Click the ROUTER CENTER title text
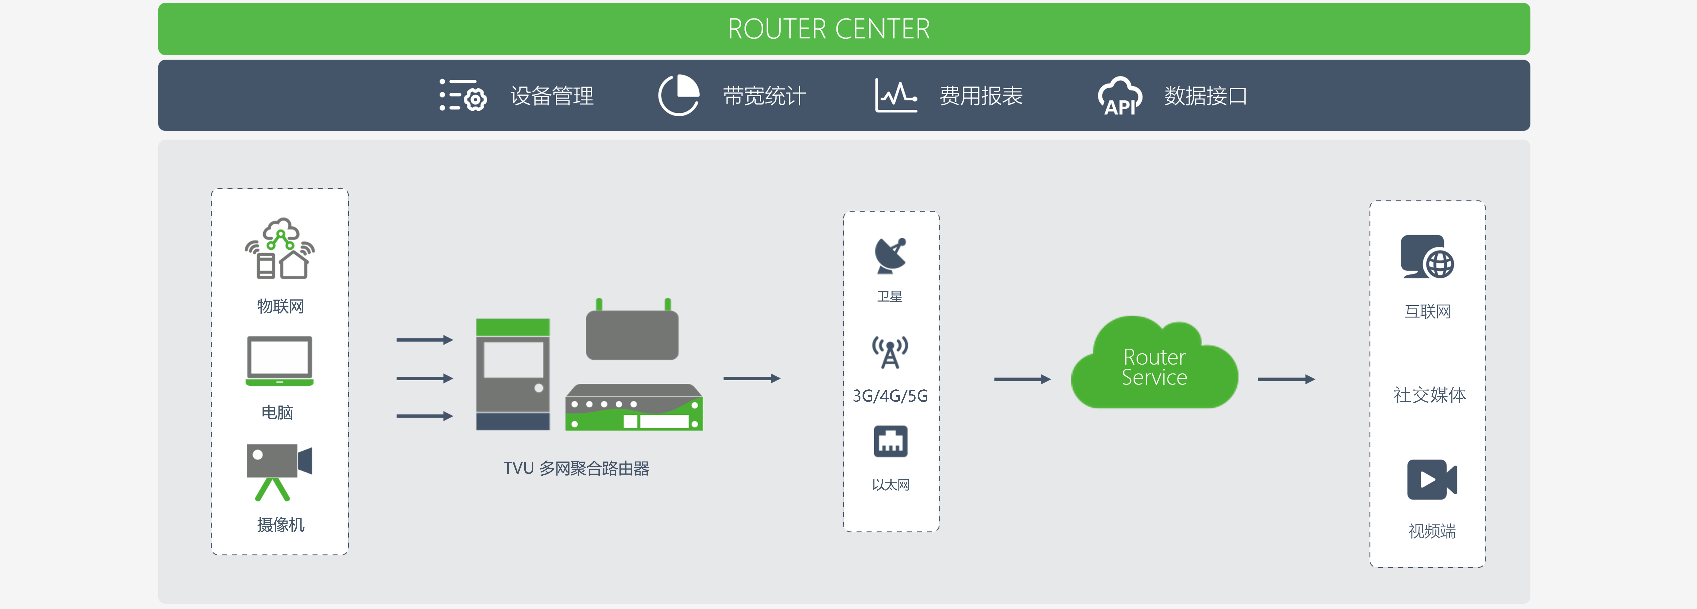tap(829, 29)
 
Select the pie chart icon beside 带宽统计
tap(679, 96)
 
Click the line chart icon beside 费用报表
tap(896, 96)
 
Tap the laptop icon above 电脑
tap(279, 360)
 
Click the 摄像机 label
tap(281, 525)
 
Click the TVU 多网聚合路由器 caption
tap(576, 469)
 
